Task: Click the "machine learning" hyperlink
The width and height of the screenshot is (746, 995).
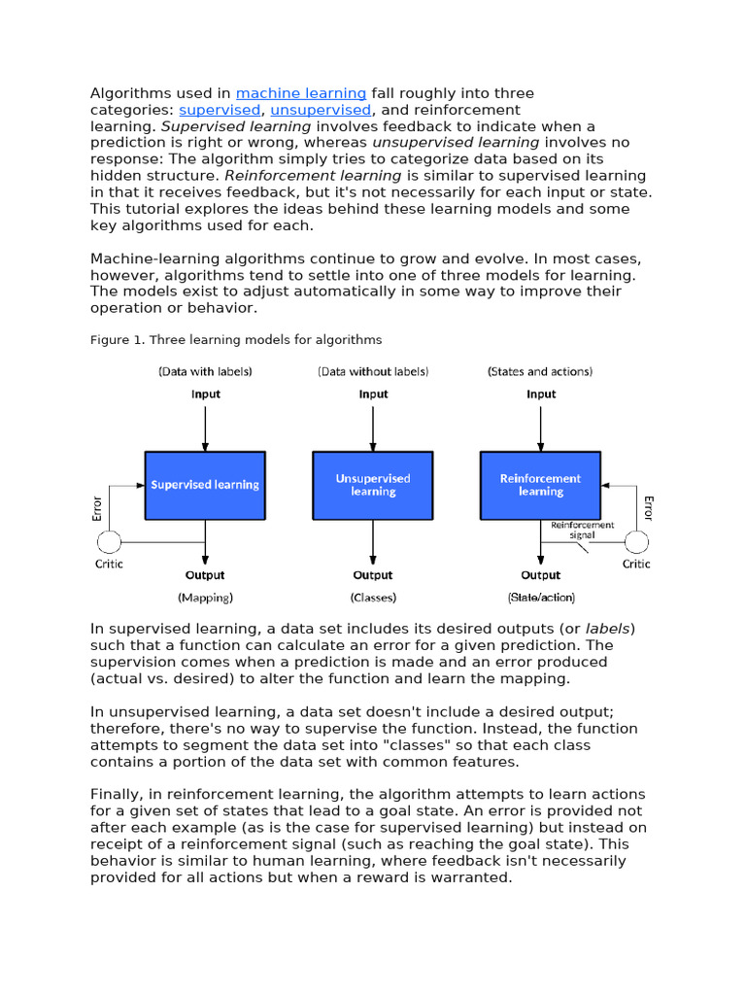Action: (301, 93)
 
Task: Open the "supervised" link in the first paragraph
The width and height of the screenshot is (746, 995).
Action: (220, 110)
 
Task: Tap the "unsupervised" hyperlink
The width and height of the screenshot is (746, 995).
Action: (321, 110)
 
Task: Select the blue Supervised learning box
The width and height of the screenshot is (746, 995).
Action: (205, 485)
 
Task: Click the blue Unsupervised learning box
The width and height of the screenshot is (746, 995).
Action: (373, 485)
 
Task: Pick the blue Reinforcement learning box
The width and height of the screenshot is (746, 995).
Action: (540, 485)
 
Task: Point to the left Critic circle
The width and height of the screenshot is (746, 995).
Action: (109, 541)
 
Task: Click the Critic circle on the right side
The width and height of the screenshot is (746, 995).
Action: (636, 541)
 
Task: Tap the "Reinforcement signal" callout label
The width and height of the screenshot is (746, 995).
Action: (583, 530)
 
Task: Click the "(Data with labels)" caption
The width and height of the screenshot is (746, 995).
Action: (205, 371)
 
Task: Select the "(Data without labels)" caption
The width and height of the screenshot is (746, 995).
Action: (373, 371)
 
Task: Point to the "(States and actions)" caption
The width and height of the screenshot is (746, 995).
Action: (540, 371)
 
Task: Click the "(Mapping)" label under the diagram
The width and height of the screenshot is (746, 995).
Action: (205, 598)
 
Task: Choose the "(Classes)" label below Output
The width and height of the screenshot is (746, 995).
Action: (373, 598)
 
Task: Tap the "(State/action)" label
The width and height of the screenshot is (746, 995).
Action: (541, 598)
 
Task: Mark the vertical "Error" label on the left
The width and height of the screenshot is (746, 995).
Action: (97, 508)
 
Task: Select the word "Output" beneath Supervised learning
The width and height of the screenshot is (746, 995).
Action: (205, 575)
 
